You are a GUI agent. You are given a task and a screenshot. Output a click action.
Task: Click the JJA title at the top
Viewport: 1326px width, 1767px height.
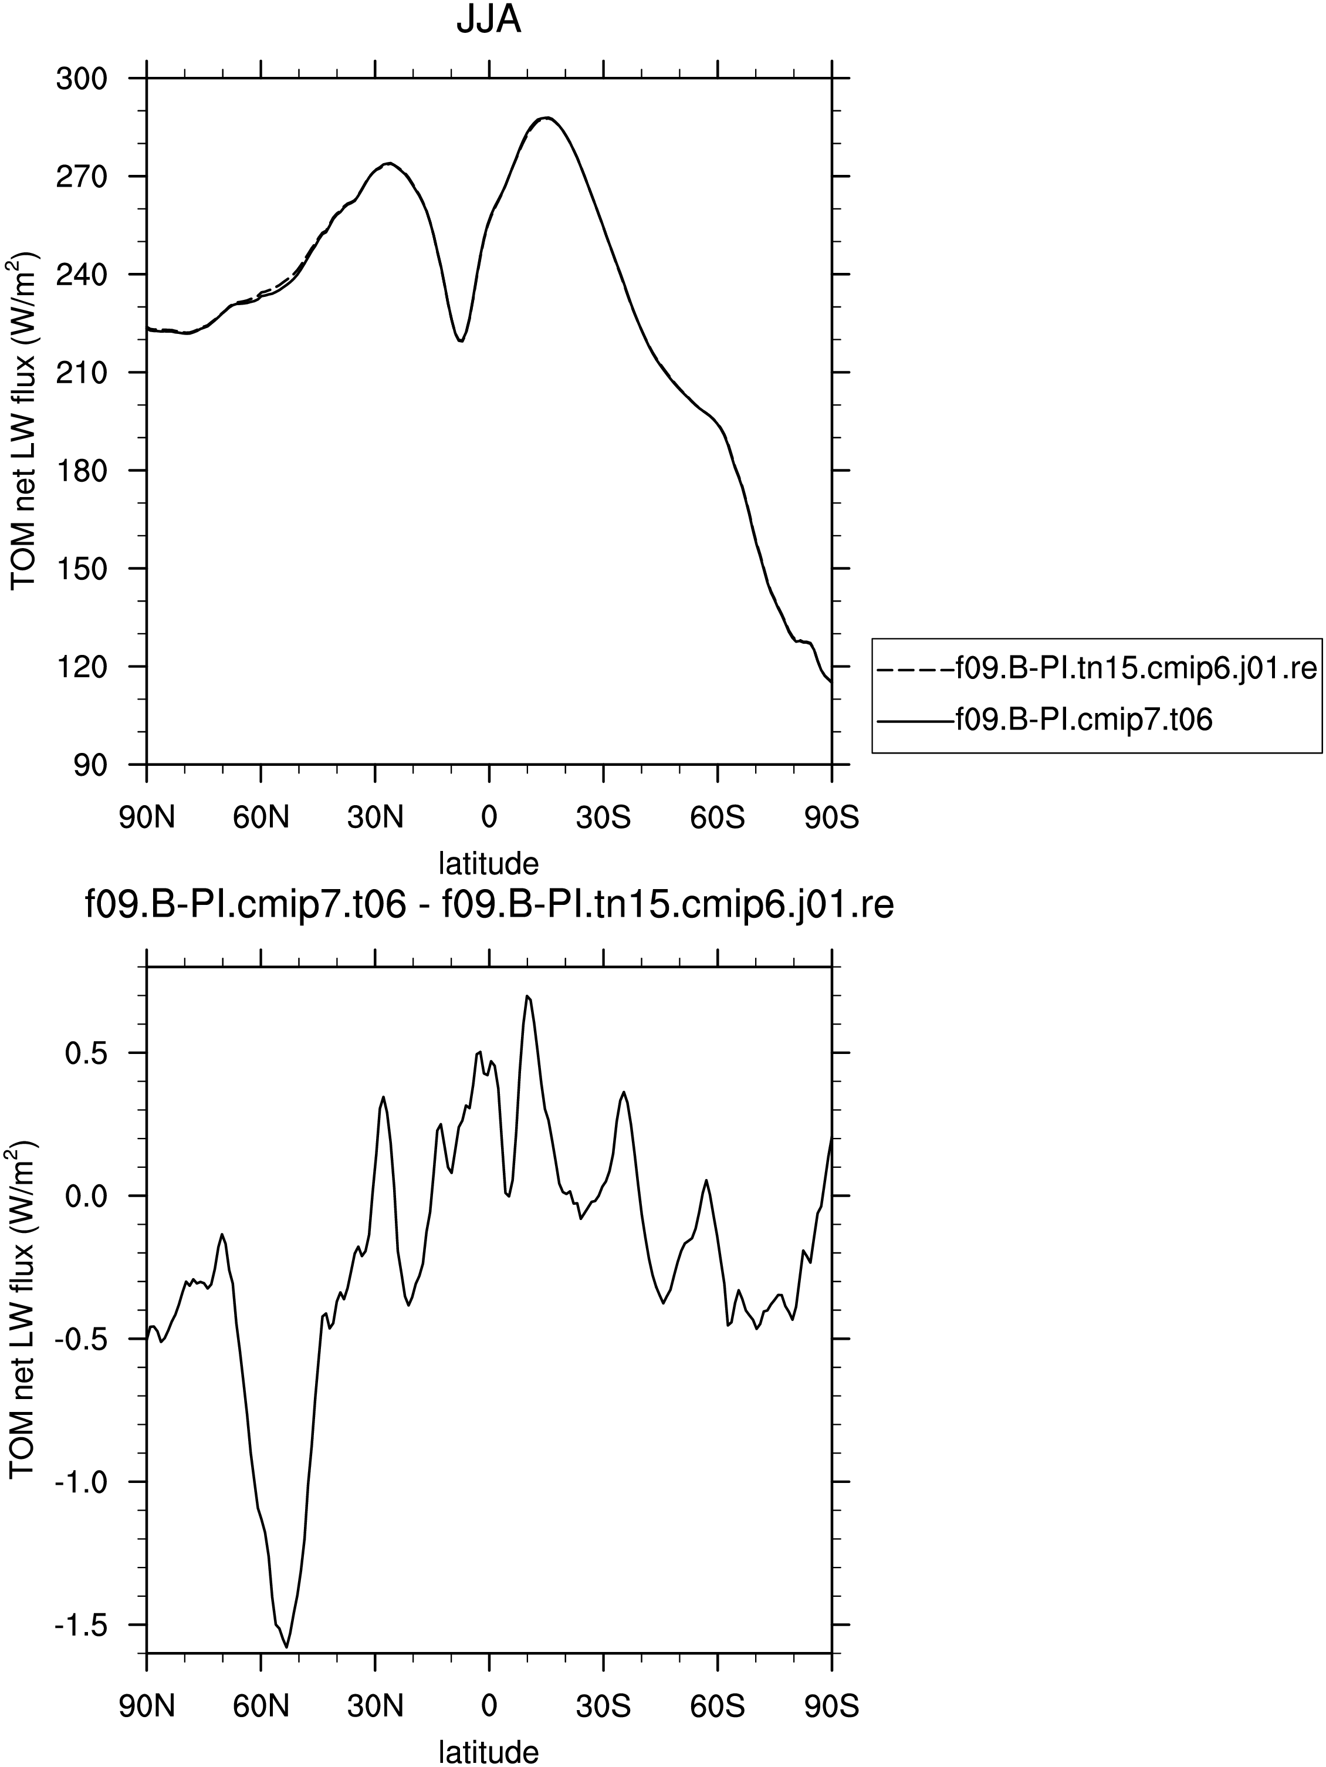(x=489, y=19)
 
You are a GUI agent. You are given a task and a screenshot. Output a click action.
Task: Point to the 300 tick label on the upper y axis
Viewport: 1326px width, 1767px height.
(x=82, y=78)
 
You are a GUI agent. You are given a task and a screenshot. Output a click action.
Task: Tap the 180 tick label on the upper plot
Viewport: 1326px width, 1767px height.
(x=82, y=471)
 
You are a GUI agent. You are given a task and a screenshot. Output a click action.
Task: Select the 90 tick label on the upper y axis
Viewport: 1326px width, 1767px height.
(x=91, y=765)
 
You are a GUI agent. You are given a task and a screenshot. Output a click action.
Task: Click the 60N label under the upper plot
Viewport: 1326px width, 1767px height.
(x=261, y=817)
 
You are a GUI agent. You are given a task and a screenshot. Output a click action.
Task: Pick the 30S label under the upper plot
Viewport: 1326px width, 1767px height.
(x=604, y=817)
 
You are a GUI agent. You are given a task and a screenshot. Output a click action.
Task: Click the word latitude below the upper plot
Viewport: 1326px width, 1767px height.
(x=489, y=863)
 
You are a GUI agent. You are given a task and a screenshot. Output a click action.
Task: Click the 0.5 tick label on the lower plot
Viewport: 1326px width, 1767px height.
(x=86, y=1053)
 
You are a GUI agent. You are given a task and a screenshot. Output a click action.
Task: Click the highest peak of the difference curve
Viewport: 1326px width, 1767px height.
(x=527, y=995)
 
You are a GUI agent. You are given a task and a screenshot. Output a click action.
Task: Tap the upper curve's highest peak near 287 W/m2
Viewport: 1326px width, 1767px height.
(x=546, y=117)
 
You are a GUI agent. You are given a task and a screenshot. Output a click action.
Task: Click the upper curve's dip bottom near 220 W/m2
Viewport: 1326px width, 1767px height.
(x=461, y=341)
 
